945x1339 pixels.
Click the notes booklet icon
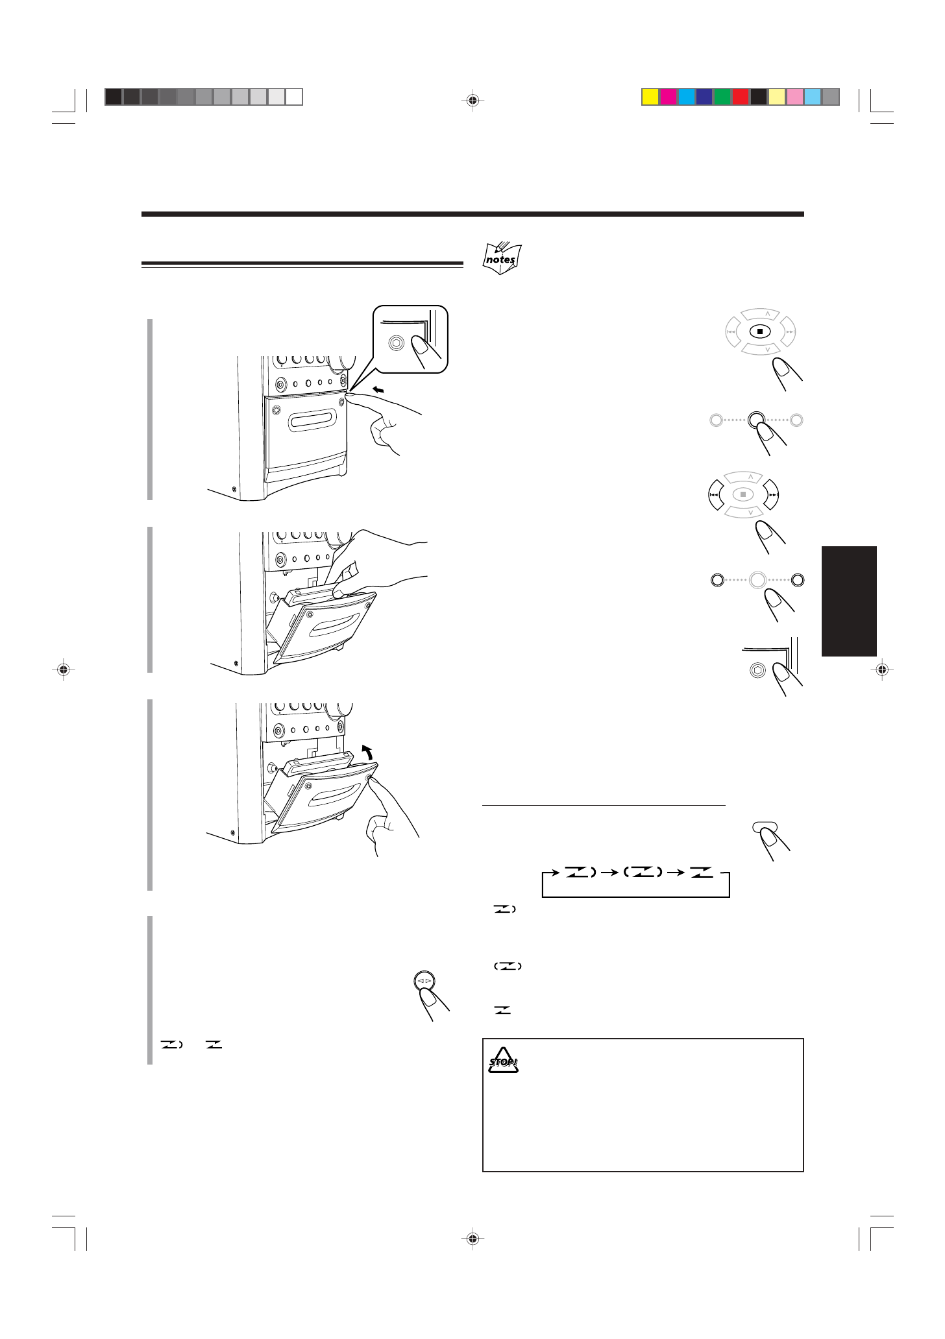(x=502, y=258)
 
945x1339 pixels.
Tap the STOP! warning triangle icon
(x=503, y=1061)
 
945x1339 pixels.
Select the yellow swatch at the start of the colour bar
(x=650, y=97)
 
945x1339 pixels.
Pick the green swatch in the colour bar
(x=722, y=97)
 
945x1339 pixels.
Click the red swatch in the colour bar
(x=741, y=97)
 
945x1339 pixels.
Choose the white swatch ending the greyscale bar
(x=294, y=97)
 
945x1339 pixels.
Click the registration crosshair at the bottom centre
(x=472, y=1238)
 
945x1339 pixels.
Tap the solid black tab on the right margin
(x=849, y=601)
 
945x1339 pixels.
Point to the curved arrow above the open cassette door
(x=368, y=753)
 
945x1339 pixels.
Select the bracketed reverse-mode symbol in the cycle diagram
(x=642, y=873)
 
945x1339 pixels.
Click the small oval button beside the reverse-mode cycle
(x=764, y=826)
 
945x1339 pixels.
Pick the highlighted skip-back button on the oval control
(x=714, y=495)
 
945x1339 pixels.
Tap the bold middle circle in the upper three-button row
(x=756, y=420)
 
